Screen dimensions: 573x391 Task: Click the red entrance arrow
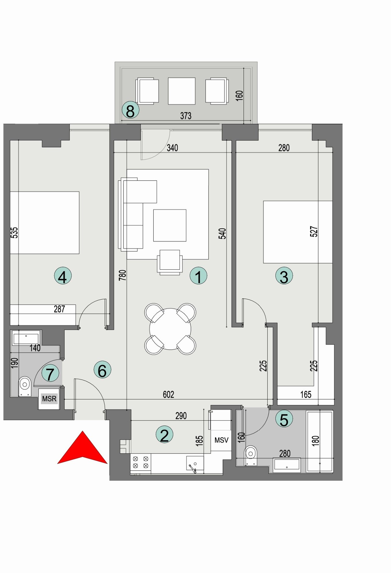coord(82,449)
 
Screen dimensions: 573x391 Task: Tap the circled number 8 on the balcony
coord(130,111)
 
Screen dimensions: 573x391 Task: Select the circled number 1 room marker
coord(198,276)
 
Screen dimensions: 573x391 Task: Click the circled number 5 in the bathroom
coord(284,419)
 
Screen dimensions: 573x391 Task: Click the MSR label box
coord(49,399)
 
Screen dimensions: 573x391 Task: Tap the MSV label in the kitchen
coord(221,440)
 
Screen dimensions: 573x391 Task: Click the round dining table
coord(170,329)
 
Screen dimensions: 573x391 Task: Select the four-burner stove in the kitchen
coord(141,462)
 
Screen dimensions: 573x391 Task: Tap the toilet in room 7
coord(25,386)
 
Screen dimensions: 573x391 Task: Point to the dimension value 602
coord(168,394)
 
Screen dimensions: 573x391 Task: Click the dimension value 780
coord(122,275)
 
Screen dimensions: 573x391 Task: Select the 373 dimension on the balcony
coord(186,116)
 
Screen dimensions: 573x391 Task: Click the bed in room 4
coord(45,223)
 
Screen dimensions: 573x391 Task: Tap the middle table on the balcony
coord(181,91)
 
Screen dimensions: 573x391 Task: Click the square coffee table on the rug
coord(170,225)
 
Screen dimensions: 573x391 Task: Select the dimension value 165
coord(306,394)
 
